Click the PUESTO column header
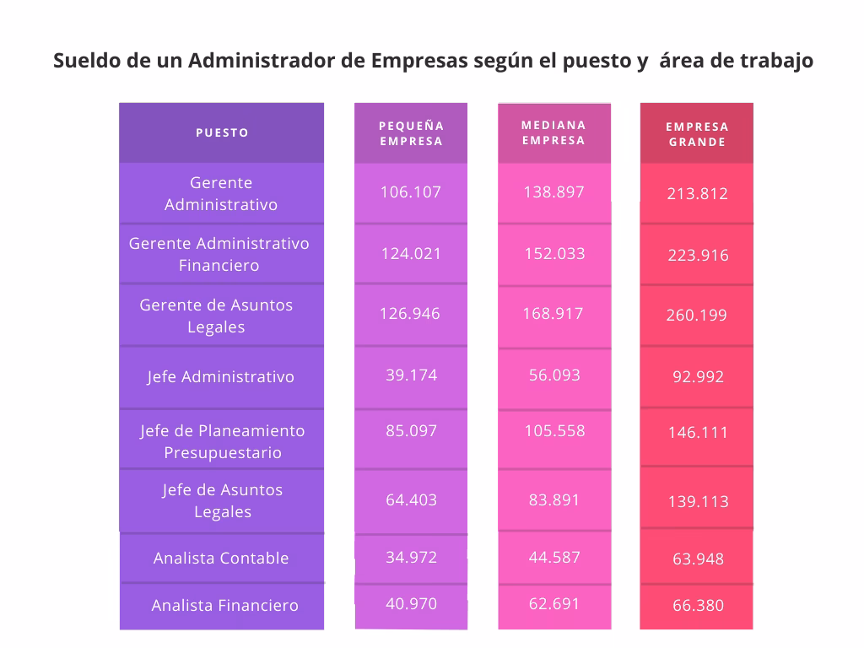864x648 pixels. (x=222, y=132)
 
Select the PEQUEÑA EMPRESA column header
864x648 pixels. (x=411, y=133)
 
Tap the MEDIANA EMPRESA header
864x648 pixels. (x=553, y=132)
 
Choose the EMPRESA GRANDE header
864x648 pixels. (x=697, y=134)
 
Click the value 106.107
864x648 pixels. (x=411, y=192)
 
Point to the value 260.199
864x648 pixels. (x=697, y=316)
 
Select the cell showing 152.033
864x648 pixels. (x=554, y=254)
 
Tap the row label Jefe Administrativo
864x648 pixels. (x=221, y=376)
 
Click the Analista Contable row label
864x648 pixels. (x=221, y=558)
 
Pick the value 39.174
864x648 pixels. (x=411, y=375)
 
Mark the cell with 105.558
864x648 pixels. (x=554, y=430)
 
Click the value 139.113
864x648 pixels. (x=698, y=501)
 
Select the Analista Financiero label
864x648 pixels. (x=224, y=605)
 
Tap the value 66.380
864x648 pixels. (x=698, y=605)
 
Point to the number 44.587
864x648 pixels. (x=554, y=557)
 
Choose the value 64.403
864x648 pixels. (x=411, y=499)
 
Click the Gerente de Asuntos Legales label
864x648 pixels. (x=216, y=316)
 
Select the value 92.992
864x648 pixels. (x=698, y=376)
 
